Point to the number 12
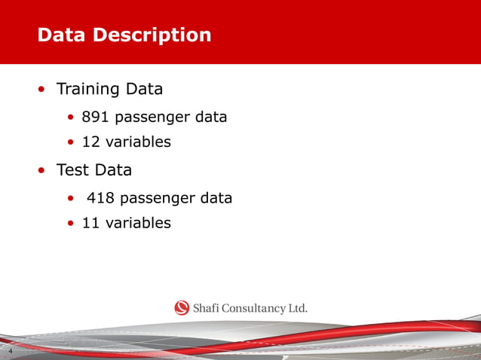[90, 142]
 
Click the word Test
[73, 170]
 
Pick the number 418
[100, 199]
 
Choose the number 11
[90, 223]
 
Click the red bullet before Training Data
[42, 90]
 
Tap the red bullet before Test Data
[42, 171]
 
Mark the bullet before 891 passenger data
[71, 118]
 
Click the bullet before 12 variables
[71, 142]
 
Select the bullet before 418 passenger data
[71, 200]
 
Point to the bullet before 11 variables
[71, 224]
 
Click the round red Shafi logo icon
[182, 307]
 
